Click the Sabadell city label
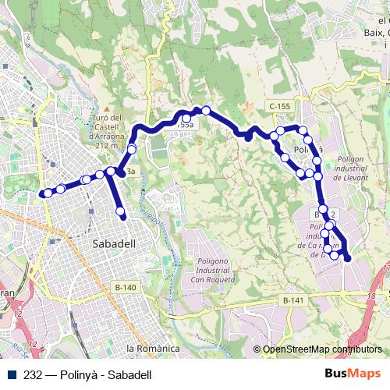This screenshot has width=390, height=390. [x=114, y=243]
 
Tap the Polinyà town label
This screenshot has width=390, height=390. [x=307, y=148]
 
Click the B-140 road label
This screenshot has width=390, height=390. [x=125, y=288]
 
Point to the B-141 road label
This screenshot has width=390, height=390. [x=293, y=300]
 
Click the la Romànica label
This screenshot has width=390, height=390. [x=153, y=348]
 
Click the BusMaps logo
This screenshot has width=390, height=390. [x=353, y=374]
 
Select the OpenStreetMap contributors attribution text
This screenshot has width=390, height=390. [x=321, y=349]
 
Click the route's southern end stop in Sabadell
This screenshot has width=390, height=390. [x=121, y=211]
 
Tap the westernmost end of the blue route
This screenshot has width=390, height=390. [x=42, y=193]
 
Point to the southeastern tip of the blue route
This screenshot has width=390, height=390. [x=347, y=258]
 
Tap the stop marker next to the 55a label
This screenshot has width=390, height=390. [x=186, y=119]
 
